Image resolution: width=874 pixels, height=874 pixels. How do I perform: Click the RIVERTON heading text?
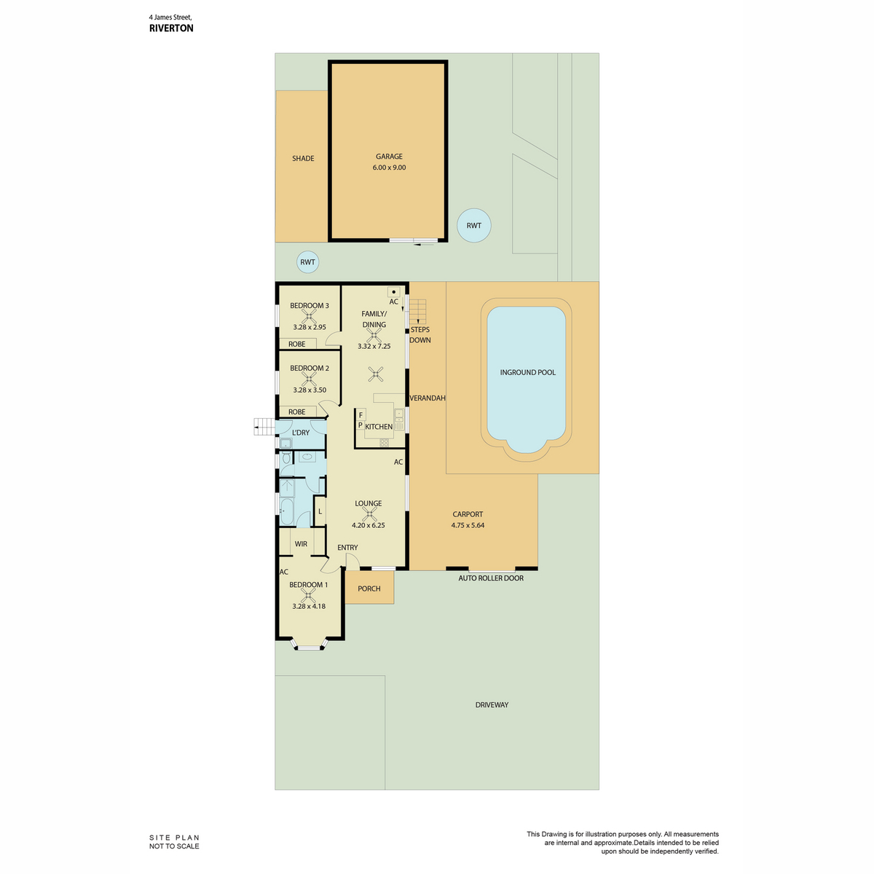tap(171, 28)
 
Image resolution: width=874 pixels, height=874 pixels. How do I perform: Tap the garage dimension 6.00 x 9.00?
tap(389, 168)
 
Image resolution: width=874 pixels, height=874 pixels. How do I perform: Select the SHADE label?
tap(303, 158)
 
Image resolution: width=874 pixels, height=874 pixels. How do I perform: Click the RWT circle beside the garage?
tap(473, 225)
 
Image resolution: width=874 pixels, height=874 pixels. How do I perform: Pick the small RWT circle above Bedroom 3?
tap(307, 262)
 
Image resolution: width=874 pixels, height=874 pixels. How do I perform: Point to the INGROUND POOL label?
tap(527, 372)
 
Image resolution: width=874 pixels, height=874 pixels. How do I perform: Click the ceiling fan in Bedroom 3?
tap(308, 316)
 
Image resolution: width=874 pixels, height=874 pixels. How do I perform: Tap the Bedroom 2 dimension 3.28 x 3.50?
tap(310, 390)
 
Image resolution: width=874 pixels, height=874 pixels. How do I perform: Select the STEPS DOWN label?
tap(420, 335)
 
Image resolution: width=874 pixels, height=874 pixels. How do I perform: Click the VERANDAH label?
tap(428, 398)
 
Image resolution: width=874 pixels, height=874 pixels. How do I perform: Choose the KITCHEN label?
tap(379, 427)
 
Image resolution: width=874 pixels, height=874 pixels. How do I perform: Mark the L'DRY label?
tap(301, 433)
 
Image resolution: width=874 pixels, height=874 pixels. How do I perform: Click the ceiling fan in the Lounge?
tap(369, 514)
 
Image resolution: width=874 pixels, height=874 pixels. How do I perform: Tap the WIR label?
tap(301, 544)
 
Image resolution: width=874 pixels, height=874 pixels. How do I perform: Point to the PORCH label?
tap(369, 588)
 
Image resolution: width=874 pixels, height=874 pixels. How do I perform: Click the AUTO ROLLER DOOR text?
tap(491, 578)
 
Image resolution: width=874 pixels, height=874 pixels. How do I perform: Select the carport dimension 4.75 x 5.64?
tap(468, 525)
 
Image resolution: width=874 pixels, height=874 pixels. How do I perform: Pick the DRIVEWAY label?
tap(492, 705)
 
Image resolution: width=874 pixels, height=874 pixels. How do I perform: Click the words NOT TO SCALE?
tap(174, 846)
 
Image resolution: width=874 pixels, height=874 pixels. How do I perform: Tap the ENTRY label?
tap(347, 548)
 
